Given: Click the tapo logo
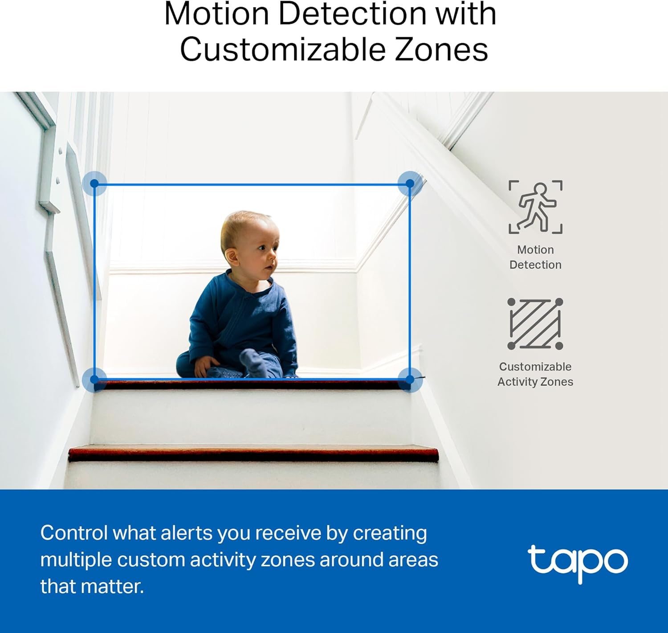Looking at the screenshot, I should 578,562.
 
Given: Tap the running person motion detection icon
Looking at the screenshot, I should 536,207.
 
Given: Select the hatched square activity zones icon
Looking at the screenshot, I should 535,324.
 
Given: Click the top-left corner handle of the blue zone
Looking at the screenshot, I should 94,183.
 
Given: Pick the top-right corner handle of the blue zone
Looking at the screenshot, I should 410,183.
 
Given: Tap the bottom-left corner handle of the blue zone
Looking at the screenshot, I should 94,380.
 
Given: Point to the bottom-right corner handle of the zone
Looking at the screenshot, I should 410,380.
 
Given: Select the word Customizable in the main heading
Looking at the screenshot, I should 283,49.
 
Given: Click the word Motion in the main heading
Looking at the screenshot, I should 216,14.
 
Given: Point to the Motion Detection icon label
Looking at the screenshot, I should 535,257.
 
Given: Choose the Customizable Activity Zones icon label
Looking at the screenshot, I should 535,374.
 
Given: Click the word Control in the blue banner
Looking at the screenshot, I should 74,533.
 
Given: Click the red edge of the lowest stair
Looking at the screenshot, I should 253,454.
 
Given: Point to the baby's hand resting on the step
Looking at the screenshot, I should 203,365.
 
